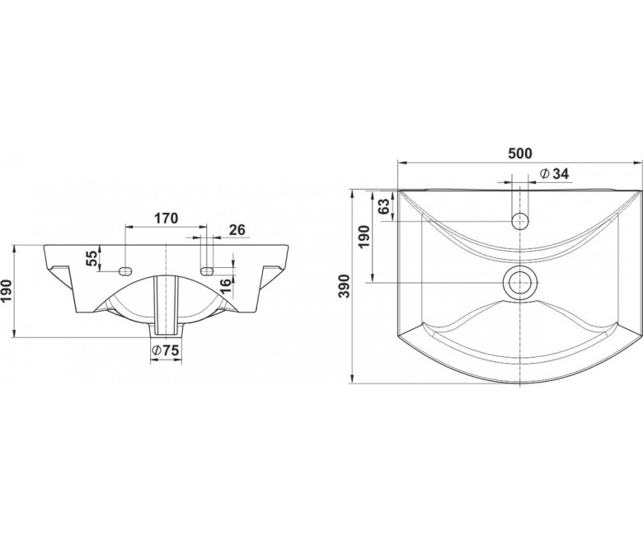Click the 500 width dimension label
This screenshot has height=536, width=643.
[x=519, y=153]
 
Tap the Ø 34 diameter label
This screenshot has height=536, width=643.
[x=555, y=174]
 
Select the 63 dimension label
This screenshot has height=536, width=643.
[x=383, y=207]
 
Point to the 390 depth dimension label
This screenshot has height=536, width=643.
[x=345, y=286]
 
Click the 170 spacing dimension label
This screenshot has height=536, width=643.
[x=166, y=219]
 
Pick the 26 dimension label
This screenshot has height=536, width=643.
[x=237, y=230]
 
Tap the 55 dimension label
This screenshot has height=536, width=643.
[x=93, y=258]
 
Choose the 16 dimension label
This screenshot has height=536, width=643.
[x=227, y=284]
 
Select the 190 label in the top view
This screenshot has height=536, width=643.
[x=364, y=236]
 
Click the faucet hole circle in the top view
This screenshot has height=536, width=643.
[x=520, y=221]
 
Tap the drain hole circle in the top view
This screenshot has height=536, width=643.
[x=520, y=283]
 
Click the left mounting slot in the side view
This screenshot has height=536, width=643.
[x=125, y=270]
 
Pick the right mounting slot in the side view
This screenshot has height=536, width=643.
[x=207, y=270]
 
